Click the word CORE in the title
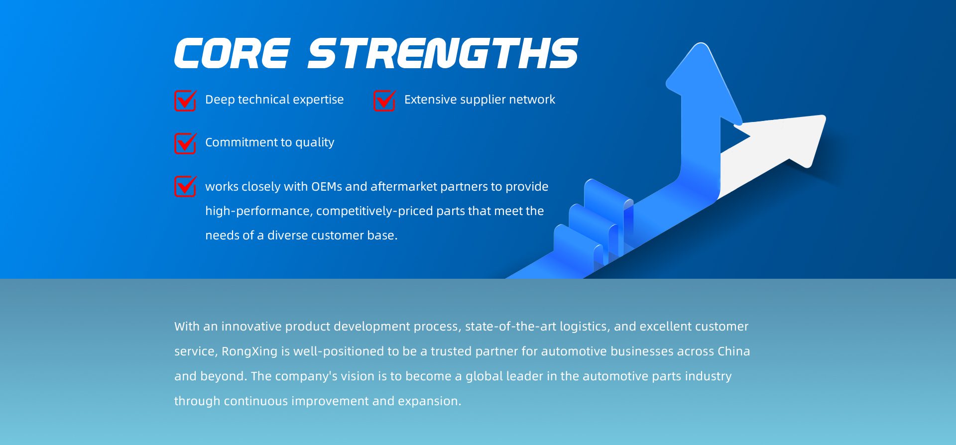pyautogui.click(x=232, y=53)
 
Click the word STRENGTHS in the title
pyautogui.click(x=443, y=53)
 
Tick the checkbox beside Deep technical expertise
pyautogui.click(x=185, y=101)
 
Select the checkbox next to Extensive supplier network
pyautogui.click(x=384, y=101)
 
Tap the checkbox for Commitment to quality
pyautogui.click(x=185, y=143)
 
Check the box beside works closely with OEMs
pyautogui.click(x=185, y=187)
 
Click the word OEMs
pyautogui.click(x=326, y=187)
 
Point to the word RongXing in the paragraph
pyautogui.click(x=249, y=351)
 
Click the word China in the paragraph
pyautogui.click(x=733, y=351)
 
